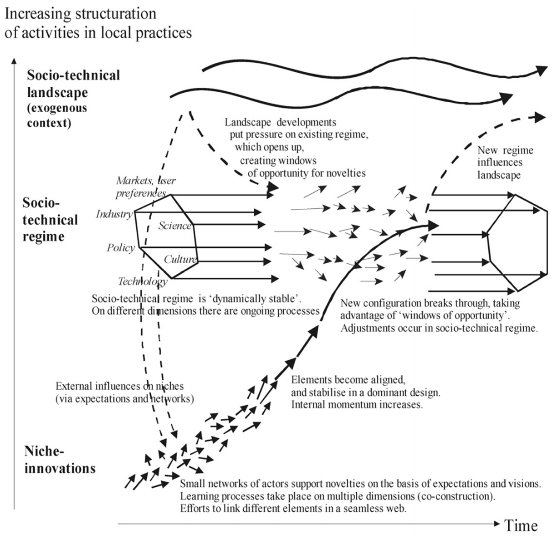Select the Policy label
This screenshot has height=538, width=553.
click(x=121, y=248)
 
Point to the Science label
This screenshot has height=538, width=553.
click(x=175, y=225)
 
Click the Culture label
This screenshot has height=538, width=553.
click(x=180, y=259)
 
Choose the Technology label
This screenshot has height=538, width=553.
click(x=142, y=281)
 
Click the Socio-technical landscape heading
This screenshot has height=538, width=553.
click(x=73, y=84)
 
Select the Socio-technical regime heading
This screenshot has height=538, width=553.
click(x=50, y=220)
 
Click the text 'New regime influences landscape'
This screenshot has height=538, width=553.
click(x=505, y=162)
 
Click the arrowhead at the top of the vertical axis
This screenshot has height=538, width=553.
click(x=14, y=61)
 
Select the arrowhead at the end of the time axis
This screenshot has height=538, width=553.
click(x=497, y=524)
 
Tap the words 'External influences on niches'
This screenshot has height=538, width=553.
click(x=120, y=386)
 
